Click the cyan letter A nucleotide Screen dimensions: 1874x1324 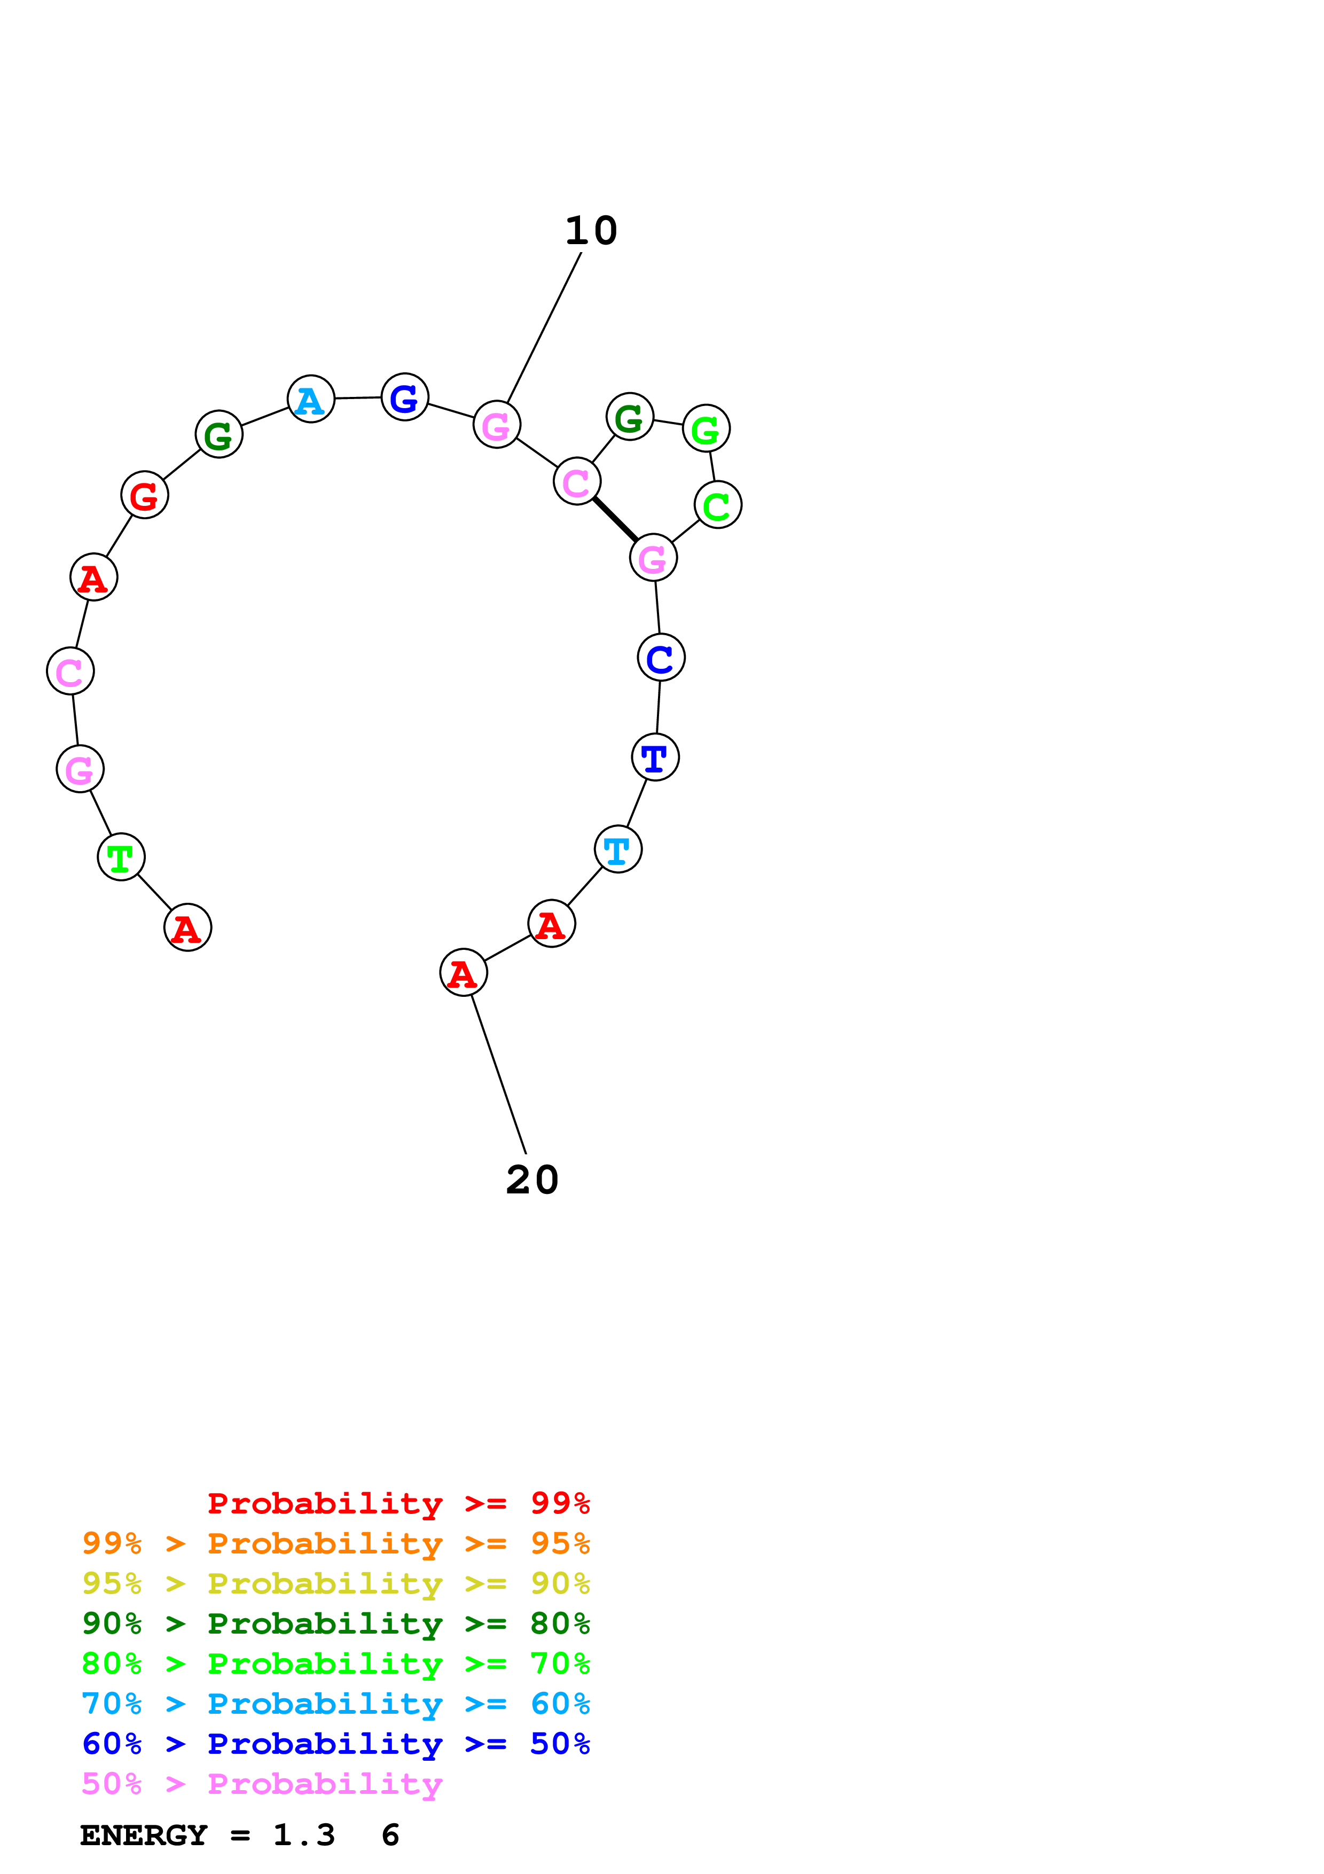coord(311,399)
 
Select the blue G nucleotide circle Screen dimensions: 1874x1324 coord(405,397)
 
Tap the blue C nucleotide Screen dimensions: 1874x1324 coord(661,658)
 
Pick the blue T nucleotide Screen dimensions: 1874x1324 coord(655,758)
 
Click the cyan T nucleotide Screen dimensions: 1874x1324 coord(618,850)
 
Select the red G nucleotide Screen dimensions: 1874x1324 coord(144,495)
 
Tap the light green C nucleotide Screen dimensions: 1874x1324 coord(718,505)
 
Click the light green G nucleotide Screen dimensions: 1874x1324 coord(706,428)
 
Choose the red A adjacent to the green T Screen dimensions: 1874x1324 coord(187,928)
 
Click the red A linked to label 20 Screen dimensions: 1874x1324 coord(464,973)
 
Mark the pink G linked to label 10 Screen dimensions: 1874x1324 coord(497,424)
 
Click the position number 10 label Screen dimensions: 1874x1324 coord(591,231)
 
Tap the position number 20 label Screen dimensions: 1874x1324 coord(532,1180)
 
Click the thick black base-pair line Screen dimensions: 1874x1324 coord(615,519)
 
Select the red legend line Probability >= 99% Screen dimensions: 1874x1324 coord(398,1503)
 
